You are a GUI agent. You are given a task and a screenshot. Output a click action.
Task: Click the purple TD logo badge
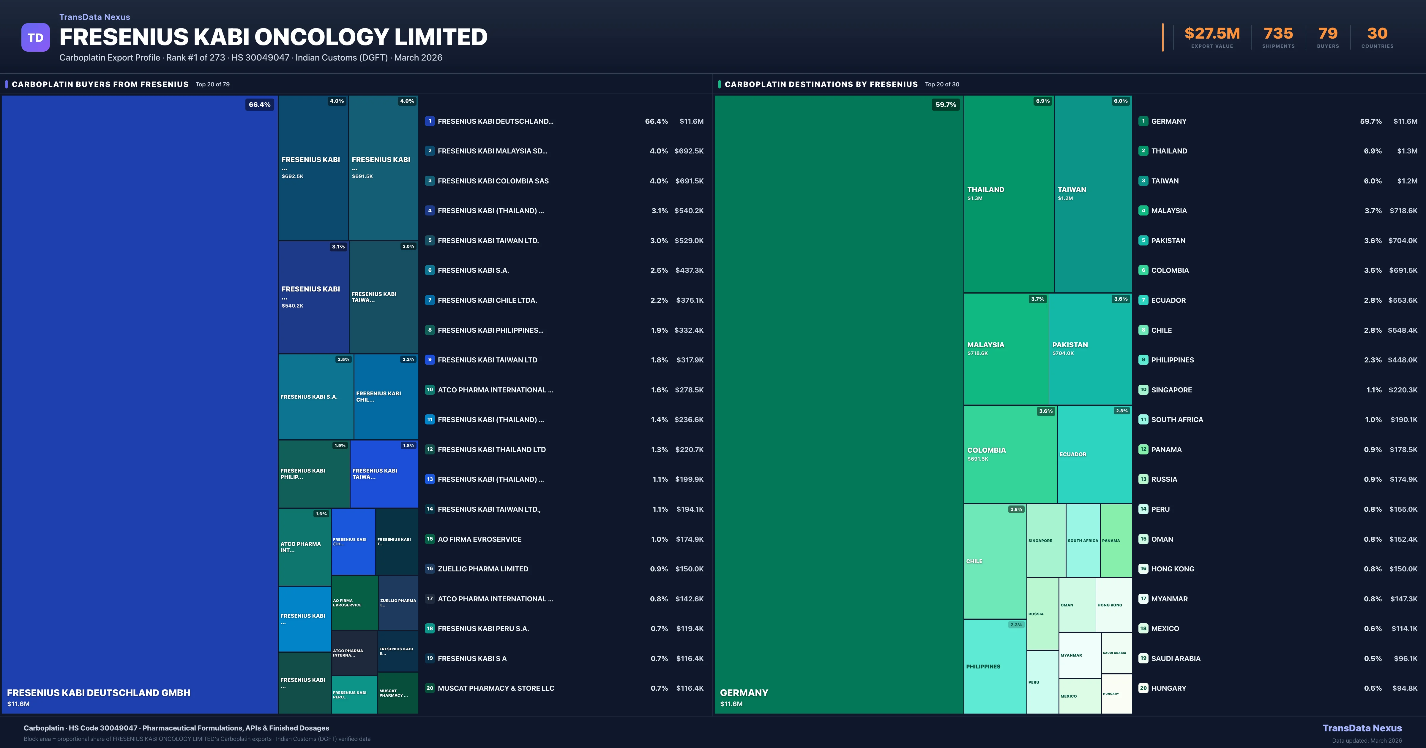[35, 38]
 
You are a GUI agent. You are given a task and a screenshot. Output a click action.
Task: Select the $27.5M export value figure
[1212, 34]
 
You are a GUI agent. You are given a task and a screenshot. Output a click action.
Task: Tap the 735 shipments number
[1278, 34]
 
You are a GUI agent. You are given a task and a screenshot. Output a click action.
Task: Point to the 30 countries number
[1377, 34]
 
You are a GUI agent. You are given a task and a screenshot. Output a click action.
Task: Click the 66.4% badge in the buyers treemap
[260, 104]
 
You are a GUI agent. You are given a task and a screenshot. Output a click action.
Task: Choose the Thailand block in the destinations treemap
[1009, 194]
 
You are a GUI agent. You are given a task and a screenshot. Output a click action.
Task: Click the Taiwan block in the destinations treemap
[1093, 194]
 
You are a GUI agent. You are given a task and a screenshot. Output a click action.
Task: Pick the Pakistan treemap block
[1089, 348]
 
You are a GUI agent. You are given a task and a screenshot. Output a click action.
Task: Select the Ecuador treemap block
[1094, 454]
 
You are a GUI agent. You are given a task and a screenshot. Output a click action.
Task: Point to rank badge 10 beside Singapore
[1143, 389]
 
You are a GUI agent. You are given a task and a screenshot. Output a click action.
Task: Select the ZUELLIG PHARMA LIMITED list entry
[483, 569]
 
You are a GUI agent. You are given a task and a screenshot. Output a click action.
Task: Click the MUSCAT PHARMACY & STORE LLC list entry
[496, 688]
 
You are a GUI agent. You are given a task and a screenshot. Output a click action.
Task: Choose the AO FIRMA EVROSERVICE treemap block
[354, 603]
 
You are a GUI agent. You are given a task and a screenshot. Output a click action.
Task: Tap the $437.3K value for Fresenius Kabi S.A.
[689, 270]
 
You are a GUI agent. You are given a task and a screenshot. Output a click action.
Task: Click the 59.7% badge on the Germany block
[946, 104]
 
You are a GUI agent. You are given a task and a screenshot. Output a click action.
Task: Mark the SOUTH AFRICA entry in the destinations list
[1177, 419]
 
